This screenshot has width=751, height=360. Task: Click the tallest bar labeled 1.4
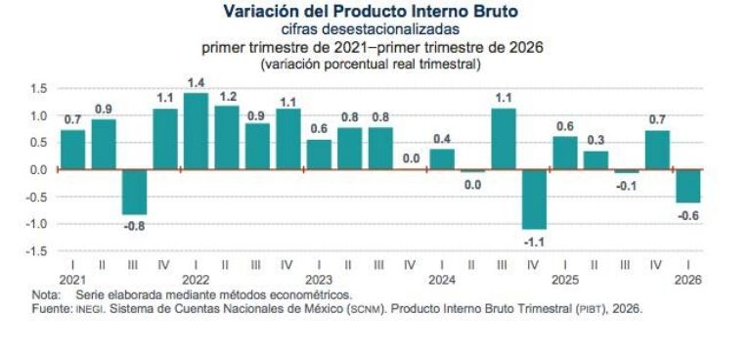pos(196,131)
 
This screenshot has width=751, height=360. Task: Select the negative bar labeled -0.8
pos(134,192)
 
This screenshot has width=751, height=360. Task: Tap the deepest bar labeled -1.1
pos(534,200)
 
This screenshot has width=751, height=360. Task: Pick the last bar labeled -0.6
pos(687,186)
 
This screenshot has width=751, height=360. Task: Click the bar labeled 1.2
pos(227,137)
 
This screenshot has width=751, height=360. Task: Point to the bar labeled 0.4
pos(442,159)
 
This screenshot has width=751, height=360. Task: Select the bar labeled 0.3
pos(596,160)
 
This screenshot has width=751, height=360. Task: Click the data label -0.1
pos(626,186)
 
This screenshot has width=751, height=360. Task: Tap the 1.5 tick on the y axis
pos(38,89)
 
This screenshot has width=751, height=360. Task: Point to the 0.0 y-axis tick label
pos(38,169)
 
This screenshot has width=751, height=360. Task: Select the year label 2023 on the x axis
pos(319,280)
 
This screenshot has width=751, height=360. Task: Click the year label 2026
pos(687,280)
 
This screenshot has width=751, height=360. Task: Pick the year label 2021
pos(72,280)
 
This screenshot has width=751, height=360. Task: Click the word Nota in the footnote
pos(46,293)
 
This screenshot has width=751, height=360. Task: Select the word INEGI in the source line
pos(90,309)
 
